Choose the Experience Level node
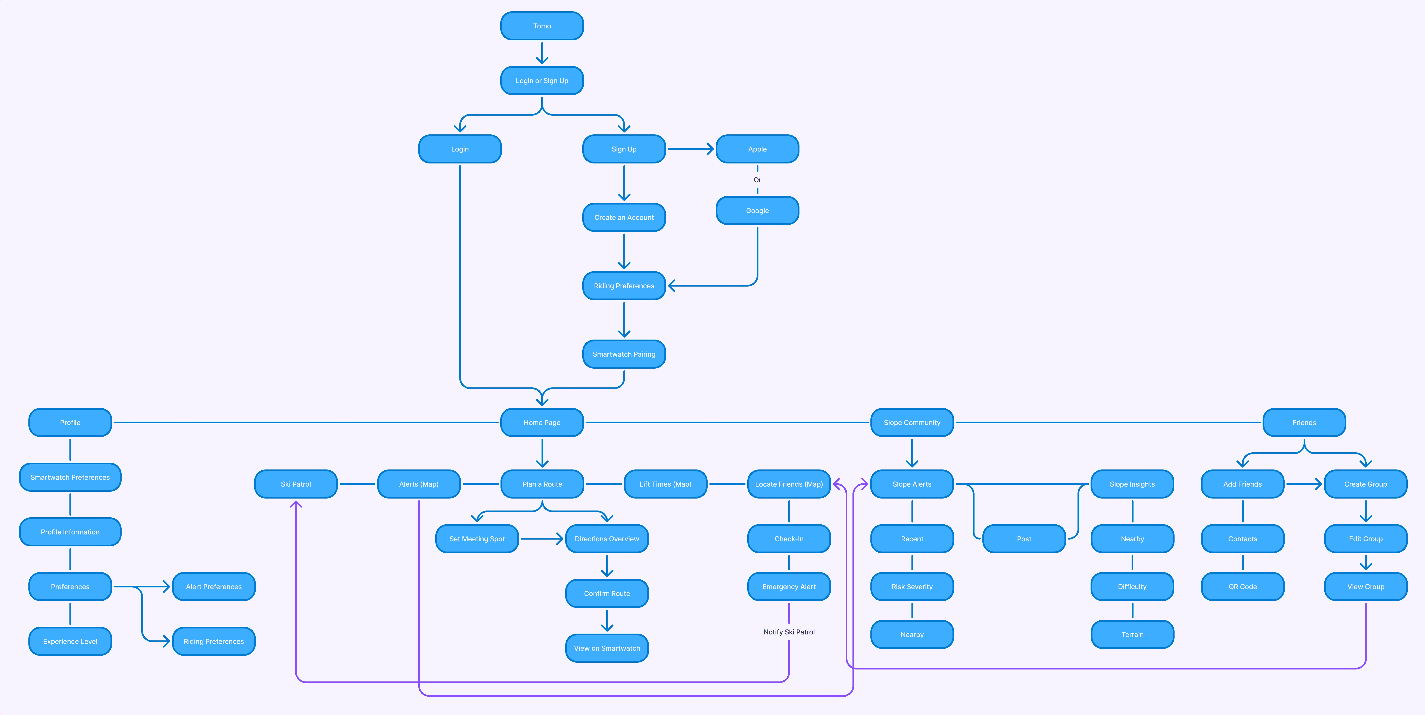70,641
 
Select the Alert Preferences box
213,587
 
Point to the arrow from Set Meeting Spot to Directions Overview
541,538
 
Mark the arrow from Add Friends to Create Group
1303,484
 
